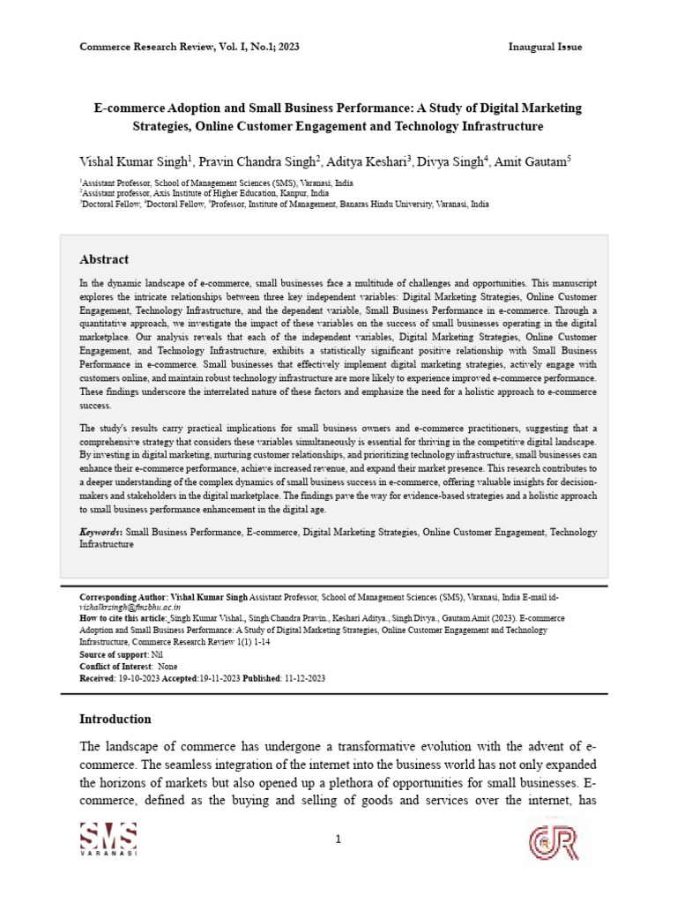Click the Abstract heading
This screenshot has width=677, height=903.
pos(104,259)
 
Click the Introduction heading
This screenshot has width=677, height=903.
pos(115,719)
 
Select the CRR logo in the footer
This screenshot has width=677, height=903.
pos(553,842)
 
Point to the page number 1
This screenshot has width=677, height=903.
pos(338,840)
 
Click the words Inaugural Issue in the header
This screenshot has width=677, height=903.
pos(545,47)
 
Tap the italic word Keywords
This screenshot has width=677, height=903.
pos(100,533)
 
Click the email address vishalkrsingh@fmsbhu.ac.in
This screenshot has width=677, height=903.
pos(130,608)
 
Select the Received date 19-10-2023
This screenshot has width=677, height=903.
pos(137,678)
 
